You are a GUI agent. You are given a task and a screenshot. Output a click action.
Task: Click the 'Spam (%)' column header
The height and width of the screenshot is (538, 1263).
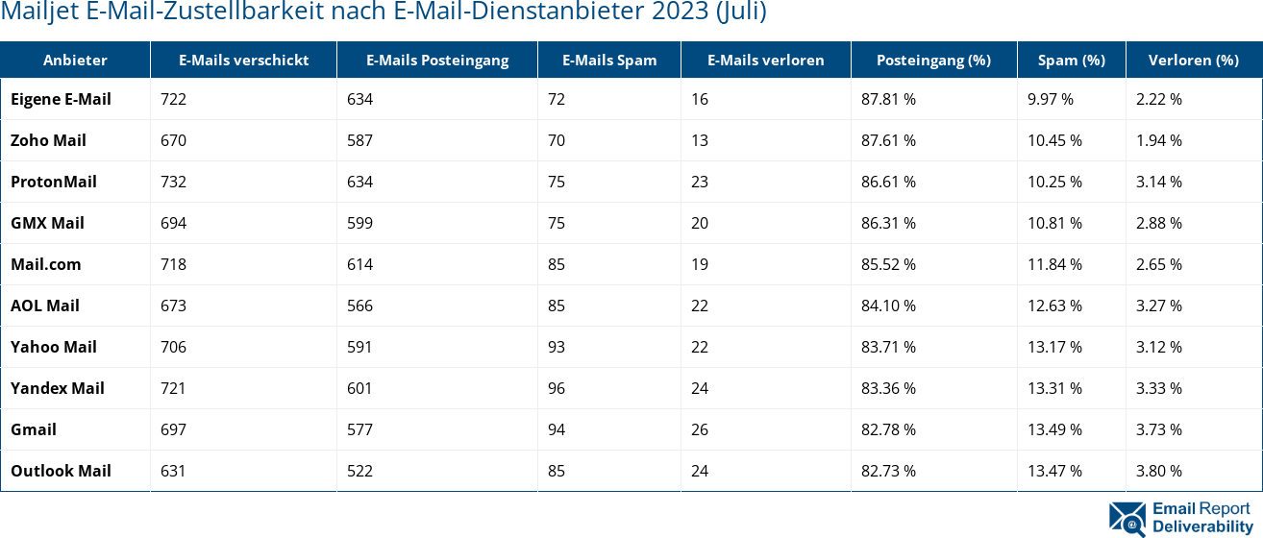click(1071, 60)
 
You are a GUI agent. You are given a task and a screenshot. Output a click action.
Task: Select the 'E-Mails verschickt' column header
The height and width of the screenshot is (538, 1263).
click(243, 60)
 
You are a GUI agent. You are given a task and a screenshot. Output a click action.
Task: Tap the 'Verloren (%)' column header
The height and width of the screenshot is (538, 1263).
click(1193, 60)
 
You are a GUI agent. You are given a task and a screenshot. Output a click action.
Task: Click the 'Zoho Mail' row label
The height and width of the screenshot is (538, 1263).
click(48, 140)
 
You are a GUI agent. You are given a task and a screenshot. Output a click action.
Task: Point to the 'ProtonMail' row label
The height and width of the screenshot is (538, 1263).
click(54, 182)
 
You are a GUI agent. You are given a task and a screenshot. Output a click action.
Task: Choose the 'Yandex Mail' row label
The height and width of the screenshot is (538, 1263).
click(57, 388)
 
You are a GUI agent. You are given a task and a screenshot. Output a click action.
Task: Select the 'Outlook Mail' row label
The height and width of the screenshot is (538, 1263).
click(61, 471)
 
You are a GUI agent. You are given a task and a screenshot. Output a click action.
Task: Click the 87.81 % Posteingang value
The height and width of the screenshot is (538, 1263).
click(888, 99)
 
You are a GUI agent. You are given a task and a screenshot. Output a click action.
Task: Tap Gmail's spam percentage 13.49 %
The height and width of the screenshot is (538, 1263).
click(1054, 429)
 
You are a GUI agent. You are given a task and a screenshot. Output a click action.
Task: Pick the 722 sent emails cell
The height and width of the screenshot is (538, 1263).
click(173, 99)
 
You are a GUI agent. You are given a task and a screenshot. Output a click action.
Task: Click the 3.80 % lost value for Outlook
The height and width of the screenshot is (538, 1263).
click(1158, 471)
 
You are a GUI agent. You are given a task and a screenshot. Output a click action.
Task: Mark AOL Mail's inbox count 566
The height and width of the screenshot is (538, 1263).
click(359, 306)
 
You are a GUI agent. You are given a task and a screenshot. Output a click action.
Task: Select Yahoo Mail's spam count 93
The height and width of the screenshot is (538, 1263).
click(557, 347)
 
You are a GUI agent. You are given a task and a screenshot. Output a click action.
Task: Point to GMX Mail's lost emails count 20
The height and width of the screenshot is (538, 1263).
click(699, 223)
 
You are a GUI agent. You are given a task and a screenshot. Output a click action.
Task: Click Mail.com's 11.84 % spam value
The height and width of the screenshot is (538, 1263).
click(1054, 264)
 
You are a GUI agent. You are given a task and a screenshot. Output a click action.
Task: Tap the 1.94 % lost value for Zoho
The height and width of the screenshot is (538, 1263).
click(1158, 140)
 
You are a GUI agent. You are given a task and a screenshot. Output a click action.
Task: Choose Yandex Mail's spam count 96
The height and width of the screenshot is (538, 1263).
click(557, 388)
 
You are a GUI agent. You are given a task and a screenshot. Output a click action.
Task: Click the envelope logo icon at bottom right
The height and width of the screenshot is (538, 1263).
click(1127, 518)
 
